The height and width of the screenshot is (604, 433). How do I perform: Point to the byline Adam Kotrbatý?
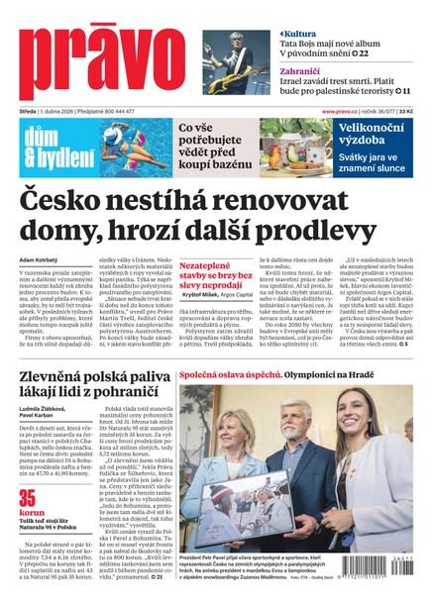tap(41, 260)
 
